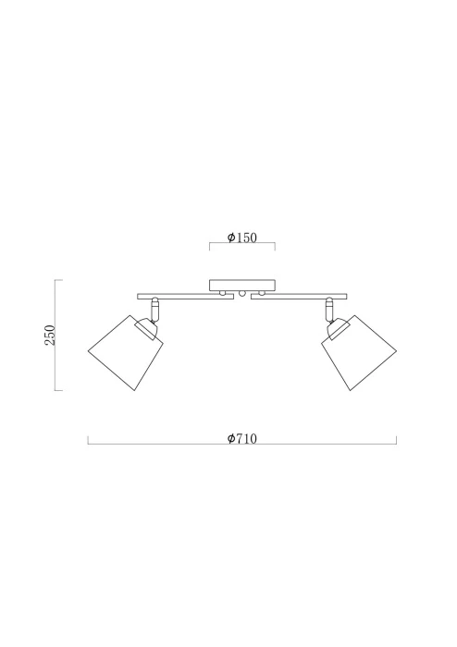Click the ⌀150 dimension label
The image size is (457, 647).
pyautogui.click(x=242, y=238)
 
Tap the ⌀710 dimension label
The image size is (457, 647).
pyautogui.click(x=242, y=438)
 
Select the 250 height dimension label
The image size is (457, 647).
pyautogui.click(x=50, y=335)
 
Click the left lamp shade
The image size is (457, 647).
pyautogui.click(x=126, y=353)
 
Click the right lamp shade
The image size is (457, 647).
pyautogui.click(x=359, y=353)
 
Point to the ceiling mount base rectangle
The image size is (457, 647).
pyautogui.click(x=242, y=285)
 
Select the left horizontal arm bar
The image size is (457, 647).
pyautogui.click(x=185, y=297)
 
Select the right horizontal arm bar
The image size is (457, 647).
pyautogui.click(x=299, y=297)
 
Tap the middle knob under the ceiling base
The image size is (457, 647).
pyautogui.click(x=242, y=294)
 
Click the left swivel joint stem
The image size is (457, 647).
pyautogui.click(x=154, y=309)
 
